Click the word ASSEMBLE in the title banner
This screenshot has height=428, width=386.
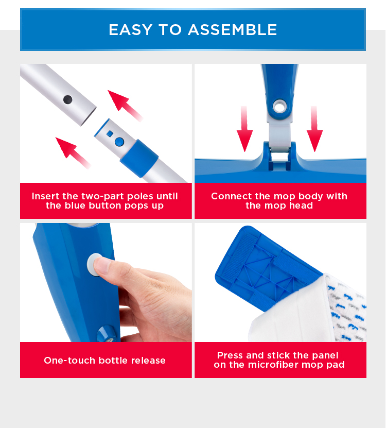[233, 30]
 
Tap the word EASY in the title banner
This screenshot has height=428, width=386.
[130, 30]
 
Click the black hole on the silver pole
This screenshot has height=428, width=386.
[67, 99]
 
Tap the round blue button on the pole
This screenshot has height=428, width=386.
[119, 142]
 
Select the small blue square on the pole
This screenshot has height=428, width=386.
[110, 133]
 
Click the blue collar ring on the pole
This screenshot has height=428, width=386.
[139, 158]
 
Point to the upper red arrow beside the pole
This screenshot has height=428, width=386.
[125, 106]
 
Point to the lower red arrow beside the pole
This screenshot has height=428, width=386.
[73, 152]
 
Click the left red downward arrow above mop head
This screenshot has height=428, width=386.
[244, 129]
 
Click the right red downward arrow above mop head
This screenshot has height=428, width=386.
[315, 129]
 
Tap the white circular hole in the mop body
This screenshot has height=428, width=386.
[280, 107]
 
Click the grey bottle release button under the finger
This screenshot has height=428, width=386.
[94, 264]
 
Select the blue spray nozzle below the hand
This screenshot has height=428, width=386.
[107, 334]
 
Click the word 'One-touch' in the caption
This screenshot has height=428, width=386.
[69, 361]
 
